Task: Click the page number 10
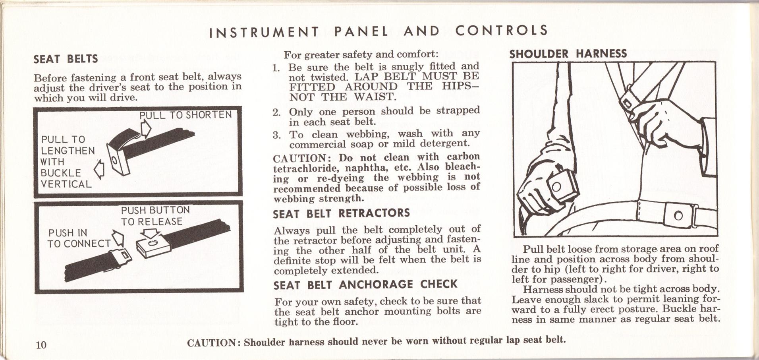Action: tap(41, 344)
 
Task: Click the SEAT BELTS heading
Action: tap(66, 59)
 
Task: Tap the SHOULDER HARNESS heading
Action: tap(568, 54)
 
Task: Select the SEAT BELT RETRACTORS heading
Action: tap(341, 213)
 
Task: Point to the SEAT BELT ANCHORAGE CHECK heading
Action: tap(365, 285)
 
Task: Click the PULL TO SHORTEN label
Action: tap(185, 115)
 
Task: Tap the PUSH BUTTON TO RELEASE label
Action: tap(155, 216)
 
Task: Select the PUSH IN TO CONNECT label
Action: tap(79, 238)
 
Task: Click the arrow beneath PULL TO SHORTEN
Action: tap(146, 128)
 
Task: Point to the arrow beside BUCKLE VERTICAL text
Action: tap(98, 170)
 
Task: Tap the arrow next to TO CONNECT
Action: tap(119, 238)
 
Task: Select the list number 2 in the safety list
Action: tap(277, 112)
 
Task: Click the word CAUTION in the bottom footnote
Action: tap(212, 343)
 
